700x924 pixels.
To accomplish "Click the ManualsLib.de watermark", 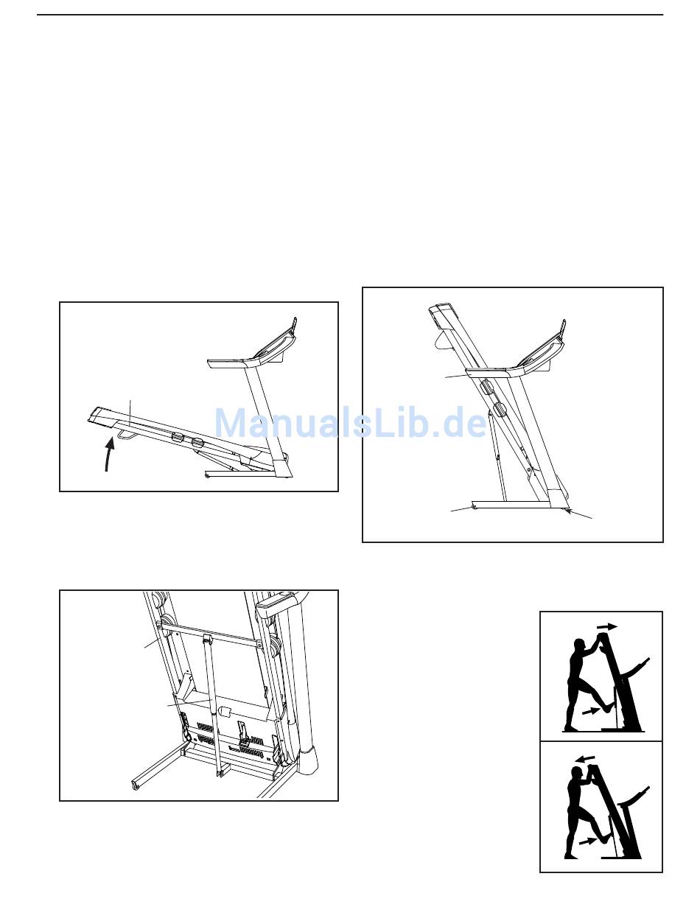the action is [x=350, y=422].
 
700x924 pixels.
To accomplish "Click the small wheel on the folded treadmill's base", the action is [x=475, y=507].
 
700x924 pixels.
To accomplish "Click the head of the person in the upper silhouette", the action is [x=580, y=645].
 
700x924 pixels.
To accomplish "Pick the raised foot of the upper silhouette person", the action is [x=606, y=707].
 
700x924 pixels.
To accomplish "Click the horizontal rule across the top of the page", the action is [x=350, y=15].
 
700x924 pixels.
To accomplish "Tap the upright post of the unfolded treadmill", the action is [x=267, y=417].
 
